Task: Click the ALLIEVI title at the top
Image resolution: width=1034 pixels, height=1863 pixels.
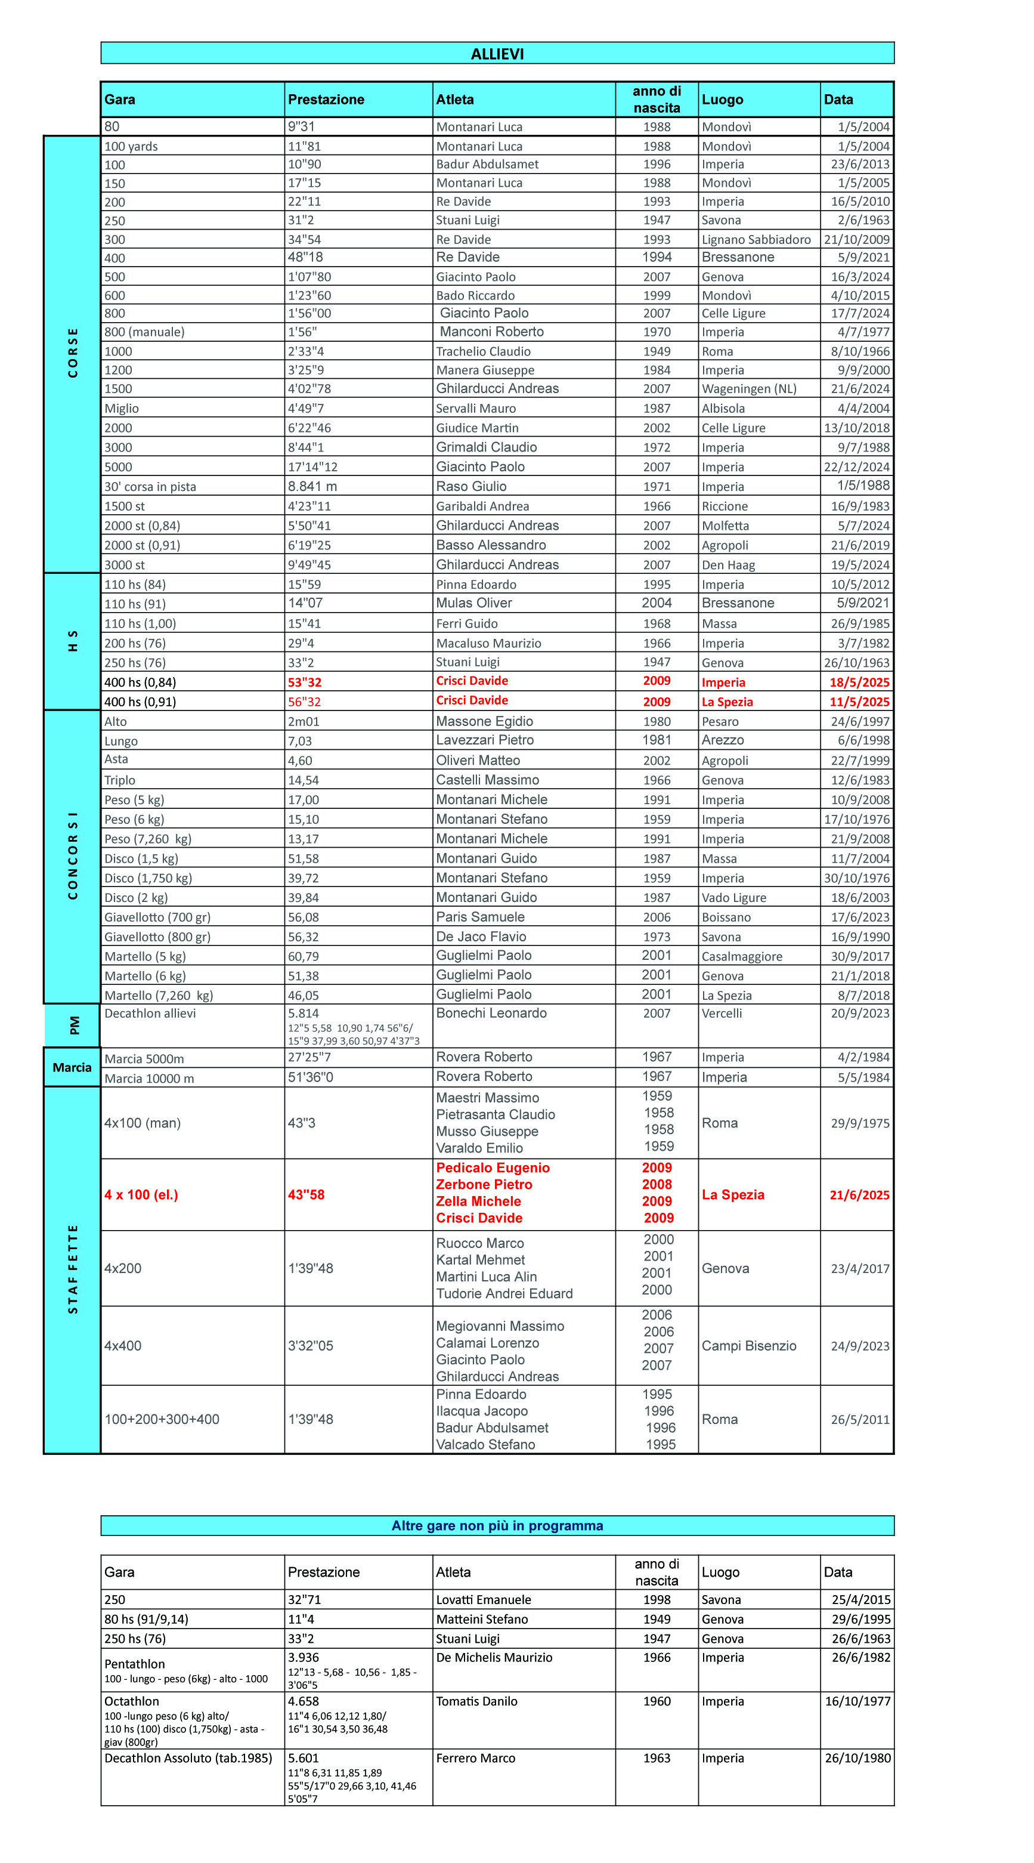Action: [497, 54]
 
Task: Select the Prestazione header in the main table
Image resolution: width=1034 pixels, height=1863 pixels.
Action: [326, 100]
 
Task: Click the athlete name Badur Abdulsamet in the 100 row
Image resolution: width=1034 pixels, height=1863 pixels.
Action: [487, 164]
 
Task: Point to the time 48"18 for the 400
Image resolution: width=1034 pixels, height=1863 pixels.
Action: [305, 258]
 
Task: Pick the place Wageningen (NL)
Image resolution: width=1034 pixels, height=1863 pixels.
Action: [748, 389]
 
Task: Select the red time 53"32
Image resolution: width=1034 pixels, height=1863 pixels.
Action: [304, 682]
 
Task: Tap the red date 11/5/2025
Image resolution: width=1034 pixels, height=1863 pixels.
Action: [859, 702]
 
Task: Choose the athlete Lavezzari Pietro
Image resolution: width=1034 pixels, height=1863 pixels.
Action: [484, 740]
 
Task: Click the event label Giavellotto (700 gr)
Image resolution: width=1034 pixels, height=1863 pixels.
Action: [157, 917]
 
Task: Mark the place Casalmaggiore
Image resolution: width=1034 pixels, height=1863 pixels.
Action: [741, 956]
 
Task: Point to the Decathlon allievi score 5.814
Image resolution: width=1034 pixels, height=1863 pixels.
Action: [303, 1013]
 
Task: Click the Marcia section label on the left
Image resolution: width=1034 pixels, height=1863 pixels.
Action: [72, 1067]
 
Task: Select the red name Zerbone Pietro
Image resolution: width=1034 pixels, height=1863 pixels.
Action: [483, 1185]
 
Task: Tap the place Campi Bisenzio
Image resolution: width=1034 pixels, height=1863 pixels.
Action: [748, 1346]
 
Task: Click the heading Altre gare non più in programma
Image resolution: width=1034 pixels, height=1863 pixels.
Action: [497, 1525]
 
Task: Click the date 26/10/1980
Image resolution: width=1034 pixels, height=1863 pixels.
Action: [857, 1758]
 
